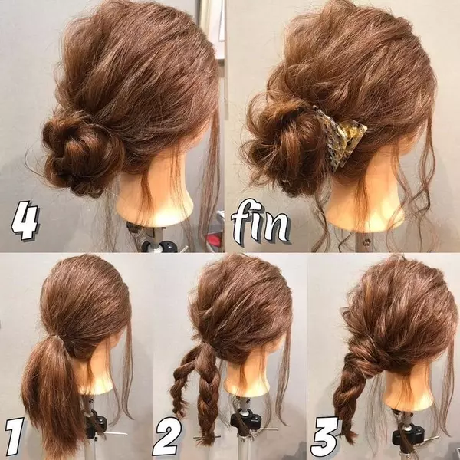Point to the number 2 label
point(169,435)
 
